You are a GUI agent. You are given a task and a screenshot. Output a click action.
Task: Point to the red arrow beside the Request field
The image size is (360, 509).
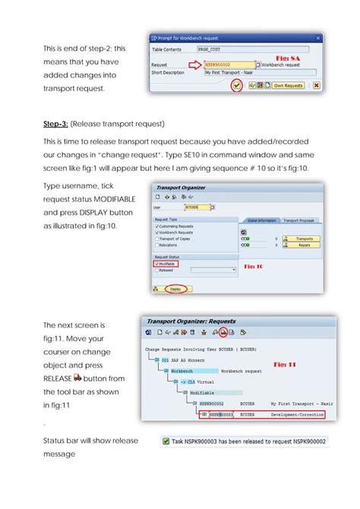pyautogui.click(x=196, y=65)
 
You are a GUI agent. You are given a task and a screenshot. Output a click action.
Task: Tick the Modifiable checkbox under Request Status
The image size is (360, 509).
pyautogui.click(x=156, y=263)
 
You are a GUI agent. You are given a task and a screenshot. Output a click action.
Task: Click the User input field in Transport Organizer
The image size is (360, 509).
pyautogui.click(x=197, y=206)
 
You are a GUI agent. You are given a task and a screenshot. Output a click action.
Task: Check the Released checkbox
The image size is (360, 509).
pyautogui.click(x=156, y=270)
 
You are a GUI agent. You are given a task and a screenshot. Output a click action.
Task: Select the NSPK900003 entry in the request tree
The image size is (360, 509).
pyautogui.click(x=220, y=415)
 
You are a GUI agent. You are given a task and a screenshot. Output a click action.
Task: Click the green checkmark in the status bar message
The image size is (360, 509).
pyautogui.click(x=166, y=440)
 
